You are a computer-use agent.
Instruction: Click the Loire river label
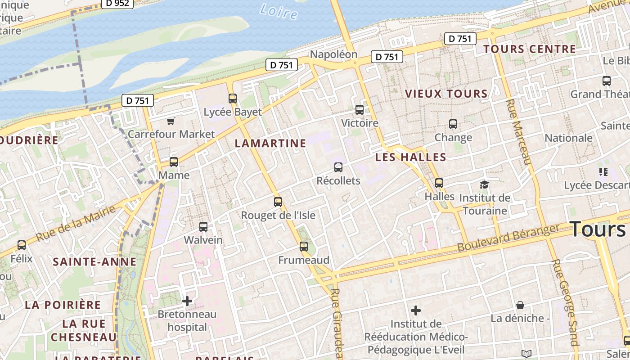tap(279, 11)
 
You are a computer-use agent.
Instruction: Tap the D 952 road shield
tap(117, 4)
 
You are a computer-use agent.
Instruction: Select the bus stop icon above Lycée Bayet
tap(233, 98)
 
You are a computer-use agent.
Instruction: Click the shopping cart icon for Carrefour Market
tap(171, 121)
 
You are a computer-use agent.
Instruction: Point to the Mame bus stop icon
tap(174, 162)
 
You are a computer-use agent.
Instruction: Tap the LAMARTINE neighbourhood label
tap(270, 144)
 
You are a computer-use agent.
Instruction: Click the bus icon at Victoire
tap(360, 109)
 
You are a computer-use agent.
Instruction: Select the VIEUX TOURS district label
tap(446, 94)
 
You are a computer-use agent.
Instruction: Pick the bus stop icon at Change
tap(453, 124)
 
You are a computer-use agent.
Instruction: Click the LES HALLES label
tap(410, 157)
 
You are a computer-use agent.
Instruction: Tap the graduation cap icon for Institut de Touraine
tap(484, 184)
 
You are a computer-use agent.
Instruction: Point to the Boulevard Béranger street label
tap(508, 238)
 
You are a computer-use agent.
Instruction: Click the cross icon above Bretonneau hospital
tap(187, 301)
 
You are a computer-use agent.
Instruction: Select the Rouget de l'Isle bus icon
tap(278, 202)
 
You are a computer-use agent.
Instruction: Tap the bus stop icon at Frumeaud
tap(304, 247)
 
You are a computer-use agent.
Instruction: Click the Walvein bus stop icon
tap(203, 227)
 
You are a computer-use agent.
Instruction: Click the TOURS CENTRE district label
tap(529, 49)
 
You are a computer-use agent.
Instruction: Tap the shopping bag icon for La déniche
tap(520, 305)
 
